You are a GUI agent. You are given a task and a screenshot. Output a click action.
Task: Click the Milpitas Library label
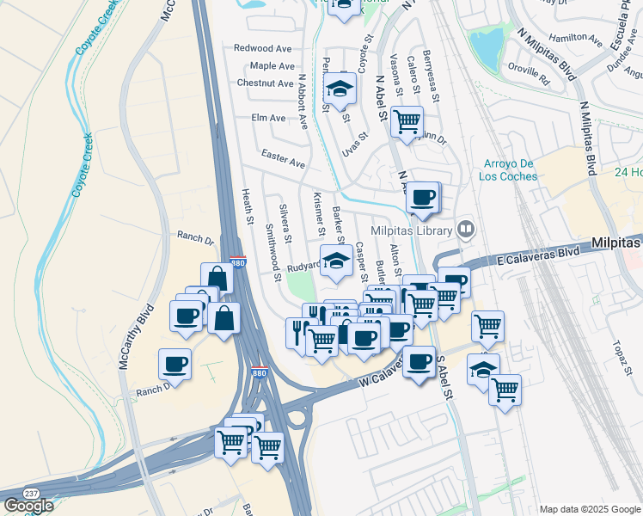coord(411,230)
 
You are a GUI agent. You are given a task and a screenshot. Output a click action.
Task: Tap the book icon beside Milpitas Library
coord(465,229)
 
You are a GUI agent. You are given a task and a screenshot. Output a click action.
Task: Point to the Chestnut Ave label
coord(266,83)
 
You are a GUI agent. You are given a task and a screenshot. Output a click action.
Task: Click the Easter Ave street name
coord(284,163)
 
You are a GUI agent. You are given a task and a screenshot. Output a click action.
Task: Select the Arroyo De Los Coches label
coord(499,170)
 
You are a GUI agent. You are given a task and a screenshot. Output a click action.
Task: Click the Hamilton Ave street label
coord(576,38)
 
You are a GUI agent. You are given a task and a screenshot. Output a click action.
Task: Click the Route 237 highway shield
coord(32,493)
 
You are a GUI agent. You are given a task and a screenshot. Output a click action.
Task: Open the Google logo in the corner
coord(28,506)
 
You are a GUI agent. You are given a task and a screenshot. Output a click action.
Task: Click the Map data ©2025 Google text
coord(590,509)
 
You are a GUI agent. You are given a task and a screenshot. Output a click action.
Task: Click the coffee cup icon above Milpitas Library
coord(422,197)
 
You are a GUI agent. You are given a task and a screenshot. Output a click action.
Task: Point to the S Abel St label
coord(444,377)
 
